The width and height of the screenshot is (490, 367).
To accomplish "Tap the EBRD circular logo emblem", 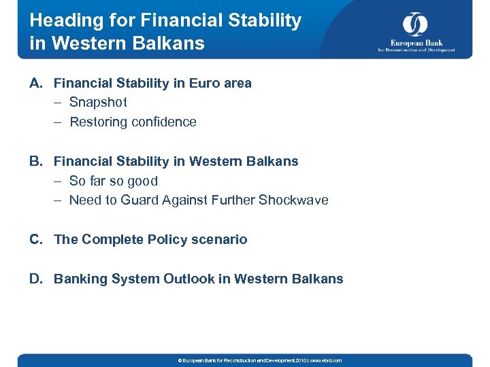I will click(x=415, y=24).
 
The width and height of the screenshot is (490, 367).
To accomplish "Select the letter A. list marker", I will click(x=37, y=83).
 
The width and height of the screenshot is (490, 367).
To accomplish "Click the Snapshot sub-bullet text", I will click(x=98, y=103).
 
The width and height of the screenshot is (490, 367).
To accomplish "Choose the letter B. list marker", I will click(x=37, y=161).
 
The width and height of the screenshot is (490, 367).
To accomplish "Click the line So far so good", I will click(x=113, y=181).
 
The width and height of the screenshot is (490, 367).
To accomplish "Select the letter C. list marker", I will click(x=37, y=239).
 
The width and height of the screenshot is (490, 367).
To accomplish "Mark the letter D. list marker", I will click(x=37, y=279).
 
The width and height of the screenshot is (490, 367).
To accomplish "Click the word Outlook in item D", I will click(x=188, y=279).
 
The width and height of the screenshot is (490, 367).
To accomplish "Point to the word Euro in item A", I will click(x=198, y=83).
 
